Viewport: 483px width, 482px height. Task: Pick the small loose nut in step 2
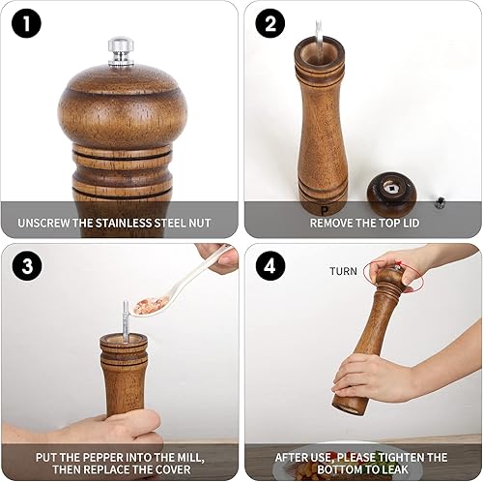(x=438, y=201)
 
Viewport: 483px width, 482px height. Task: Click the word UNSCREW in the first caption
(x=47, y=224)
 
